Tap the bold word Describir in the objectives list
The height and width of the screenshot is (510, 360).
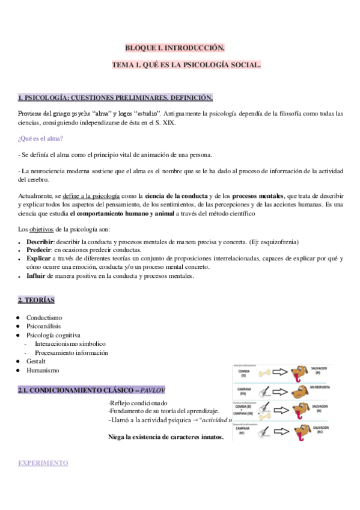[x=40, y=242]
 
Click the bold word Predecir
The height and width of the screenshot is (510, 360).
[x=38, y=250]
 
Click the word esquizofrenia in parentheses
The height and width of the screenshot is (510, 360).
[x=278, y=242]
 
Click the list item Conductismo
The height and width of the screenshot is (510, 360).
[x=44, y=318]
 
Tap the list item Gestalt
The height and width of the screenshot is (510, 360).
[x=36, y=361]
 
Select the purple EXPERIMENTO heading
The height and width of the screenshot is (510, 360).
[x=43, y=463]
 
